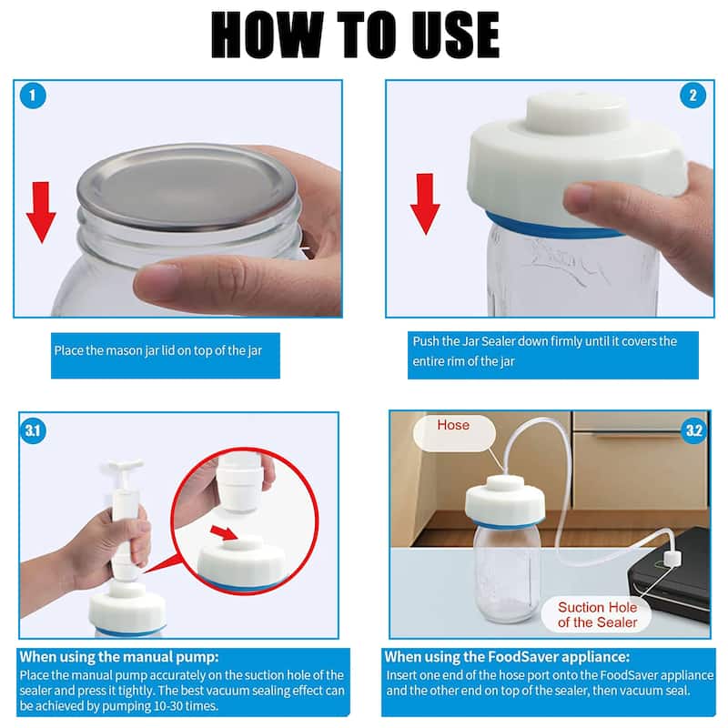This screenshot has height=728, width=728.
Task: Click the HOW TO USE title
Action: pyautogui.click(x=355, y=36)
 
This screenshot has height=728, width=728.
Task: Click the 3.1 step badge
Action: pyautogui.click(x=34, y=430)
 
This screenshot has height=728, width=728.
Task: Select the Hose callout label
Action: pyautogui.click(x=453, y=425)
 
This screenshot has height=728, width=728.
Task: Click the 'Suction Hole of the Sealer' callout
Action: pyautogui.click(x=598, y=614)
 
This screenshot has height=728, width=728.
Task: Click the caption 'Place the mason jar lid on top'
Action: pyautogui.click(x=165, y=349)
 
